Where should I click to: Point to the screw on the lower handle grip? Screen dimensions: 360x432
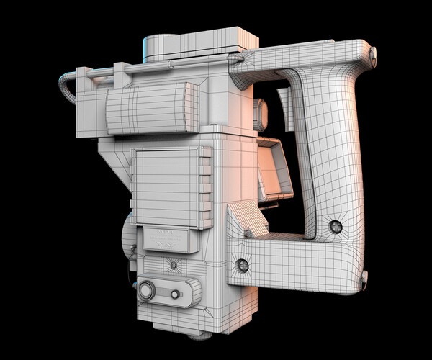click(335, 227)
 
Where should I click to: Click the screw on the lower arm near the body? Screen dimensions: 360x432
click(243, 266)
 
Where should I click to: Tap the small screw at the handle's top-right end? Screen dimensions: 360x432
click(372, 52)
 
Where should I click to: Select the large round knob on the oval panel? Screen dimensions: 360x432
click(148, 291)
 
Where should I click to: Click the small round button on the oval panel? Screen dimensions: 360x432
click(175, 294)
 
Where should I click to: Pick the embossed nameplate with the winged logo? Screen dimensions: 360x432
click(167, 240)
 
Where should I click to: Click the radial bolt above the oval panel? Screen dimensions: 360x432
click(174, 266)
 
